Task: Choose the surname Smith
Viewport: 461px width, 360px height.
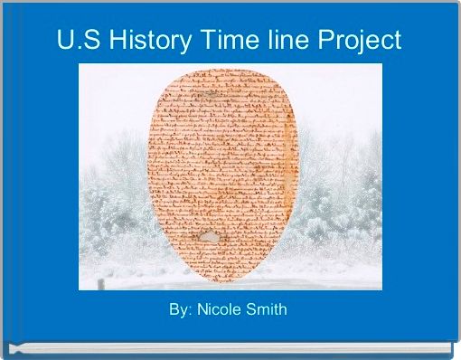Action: [268, 310]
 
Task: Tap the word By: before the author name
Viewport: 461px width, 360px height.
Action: [181, 310]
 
